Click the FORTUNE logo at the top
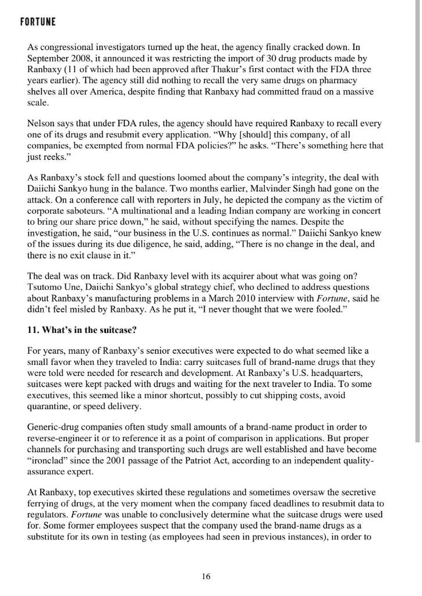coord(38,22)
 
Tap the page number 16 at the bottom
coord(207,576)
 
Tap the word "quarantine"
coord(52,406)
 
